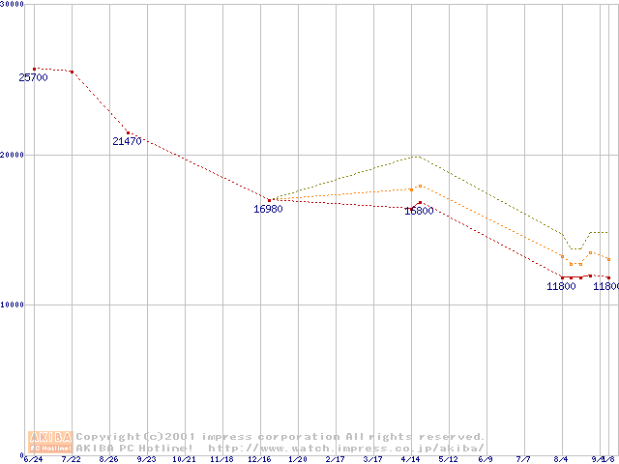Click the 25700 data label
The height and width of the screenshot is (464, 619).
click(x=33, y=77)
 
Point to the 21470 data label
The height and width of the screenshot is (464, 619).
click(x=127, y=141)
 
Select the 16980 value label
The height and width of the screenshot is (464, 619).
click(x=268, y=209)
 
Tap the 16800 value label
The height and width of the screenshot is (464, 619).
click(x=419, y=211)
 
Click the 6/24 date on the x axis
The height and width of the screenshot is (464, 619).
click(x=34, y=460)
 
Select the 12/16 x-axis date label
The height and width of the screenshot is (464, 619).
click(x=259, y=460)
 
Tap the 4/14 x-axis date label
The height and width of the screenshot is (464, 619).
click(x=411, y=460)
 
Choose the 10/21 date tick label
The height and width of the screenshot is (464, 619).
click(x=184, y=460)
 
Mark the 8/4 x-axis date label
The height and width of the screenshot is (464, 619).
click(x=562, y=460)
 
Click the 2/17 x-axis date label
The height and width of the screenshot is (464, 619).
click(x=335, y=460)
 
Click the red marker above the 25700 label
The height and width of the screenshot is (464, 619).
click(x=35, y=69)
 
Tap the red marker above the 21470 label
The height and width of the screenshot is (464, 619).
click(x=128, y=132)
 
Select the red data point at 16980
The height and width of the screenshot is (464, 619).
click(x=269, y=200)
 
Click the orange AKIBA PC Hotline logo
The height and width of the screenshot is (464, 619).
click(x=50, y=442)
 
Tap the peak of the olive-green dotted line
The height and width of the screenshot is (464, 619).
click(x=417, y=156)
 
